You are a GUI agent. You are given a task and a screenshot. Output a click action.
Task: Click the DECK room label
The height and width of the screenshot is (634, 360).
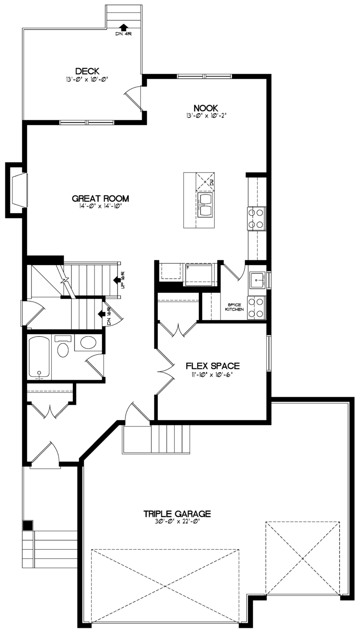pyautogui.click(x=87, y=71)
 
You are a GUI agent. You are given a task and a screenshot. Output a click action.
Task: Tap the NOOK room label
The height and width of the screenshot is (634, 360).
pyautogui.click(x=206, y=108)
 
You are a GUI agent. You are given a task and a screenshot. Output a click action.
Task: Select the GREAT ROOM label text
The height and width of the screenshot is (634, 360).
pyautogui.click(x=100, y=199)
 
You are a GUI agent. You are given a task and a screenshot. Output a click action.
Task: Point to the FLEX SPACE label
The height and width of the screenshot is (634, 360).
pyautogui.click(x=213, y=366)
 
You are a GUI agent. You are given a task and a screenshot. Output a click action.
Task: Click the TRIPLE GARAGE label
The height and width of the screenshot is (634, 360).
pyautogui.click(x=177, y=513)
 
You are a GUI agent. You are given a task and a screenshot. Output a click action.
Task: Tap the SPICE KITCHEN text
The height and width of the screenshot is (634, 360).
pyautogui.click(x=235, y=307)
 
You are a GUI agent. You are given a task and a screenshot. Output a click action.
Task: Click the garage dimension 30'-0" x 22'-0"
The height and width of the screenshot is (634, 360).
pyautogui.click(x=177, y=522)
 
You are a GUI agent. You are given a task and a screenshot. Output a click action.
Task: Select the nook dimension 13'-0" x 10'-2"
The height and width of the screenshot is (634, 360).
pyautogui.click(x=206, y=116)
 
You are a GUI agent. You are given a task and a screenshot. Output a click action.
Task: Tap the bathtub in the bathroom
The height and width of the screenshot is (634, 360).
pyautogui.click(x=39, y=357)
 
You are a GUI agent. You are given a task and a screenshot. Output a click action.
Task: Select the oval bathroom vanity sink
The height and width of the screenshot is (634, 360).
pyautogui.click(x=88, y=343)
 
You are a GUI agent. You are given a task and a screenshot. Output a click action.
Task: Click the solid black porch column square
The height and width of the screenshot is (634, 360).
pyautogui.click(x=28, y=525)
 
